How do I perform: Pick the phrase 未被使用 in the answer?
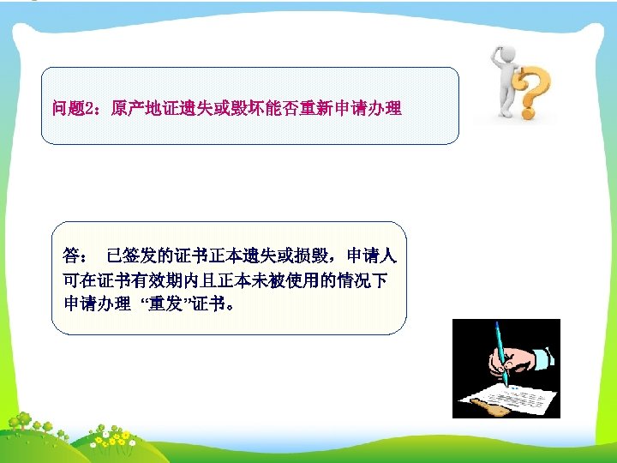coord(289,280)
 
